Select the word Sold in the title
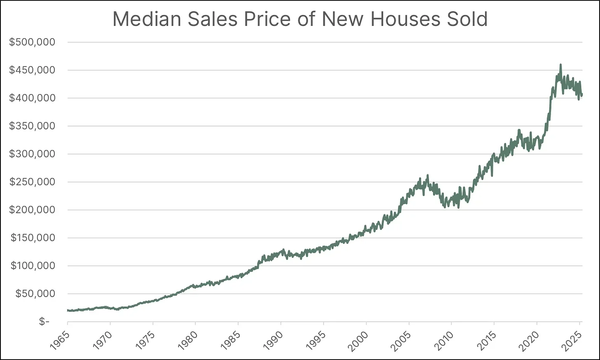tap(467, 19)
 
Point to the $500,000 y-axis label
tap(32, 42)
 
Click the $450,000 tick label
tap(32, 70)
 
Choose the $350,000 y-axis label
tap(32, 126)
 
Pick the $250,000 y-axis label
tap(32, 182)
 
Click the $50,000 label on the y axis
tap(35, 294)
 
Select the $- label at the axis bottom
tap(44, 322)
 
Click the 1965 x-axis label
tap(59, 340)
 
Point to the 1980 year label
tap(187, 340)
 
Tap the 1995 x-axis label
tap(315, 340)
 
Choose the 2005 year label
tap(401, 340)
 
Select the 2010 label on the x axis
tap(443, 340)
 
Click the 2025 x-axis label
tap(572, 340)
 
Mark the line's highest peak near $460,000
tap(560, 65)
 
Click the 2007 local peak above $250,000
tap(428, 175)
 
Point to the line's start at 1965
tap(68, 310)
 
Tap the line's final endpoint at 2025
tap(581, 94)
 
